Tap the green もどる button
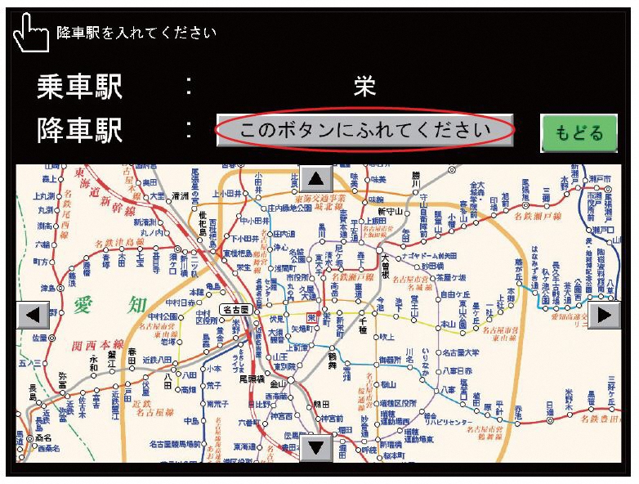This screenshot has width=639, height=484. (x=579, y=132)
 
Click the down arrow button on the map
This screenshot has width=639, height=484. (x=316, y=447)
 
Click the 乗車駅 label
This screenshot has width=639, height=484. (x=79, y=87)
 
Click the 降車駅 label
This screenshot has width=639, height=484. (x=79, y=131)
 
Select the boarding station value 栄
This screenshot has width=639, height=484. (x=364, y=87)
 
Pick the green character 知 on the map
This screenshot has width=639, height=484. (x=137, y=306)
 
